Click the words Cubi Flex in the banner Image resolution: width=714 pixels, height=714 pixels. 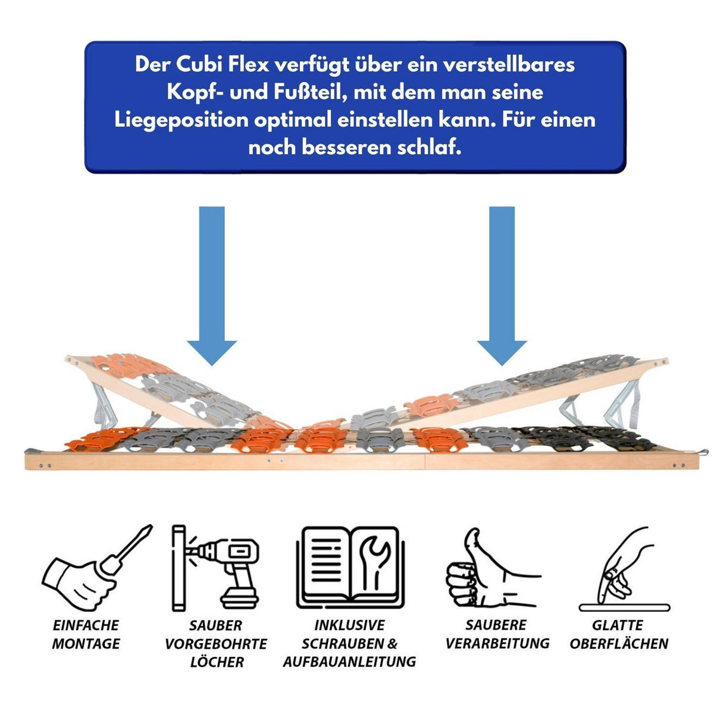point(222,64)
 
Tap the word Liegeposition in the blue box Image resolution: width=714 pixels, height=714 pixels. point(181,121)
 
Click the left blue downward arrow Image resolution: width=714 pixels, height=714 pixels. point(212,286)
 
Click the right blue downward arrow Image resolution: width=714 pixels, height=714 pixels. point(502,286)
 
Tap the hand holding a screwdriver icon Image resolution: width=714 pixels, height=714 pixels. point(97,568)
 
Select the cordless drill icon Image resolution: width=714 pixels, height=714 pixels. point(215,568)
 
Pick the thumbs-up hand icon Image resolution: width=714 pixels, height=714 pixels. point(493,569)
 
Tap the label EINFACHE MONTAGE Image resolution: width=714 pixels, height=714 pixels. point(86,634)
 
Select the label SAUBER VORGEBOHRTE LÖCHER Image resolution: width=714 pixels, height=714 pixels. point(216,644)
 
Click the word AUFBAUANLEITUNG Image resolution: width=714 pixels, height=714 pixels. point(349,662)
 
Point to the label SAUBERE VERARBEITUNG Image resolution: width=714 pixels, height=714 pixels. point(497,634)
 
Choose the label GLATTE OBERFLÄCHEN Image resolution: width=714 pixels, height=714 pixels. point(619,634)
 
